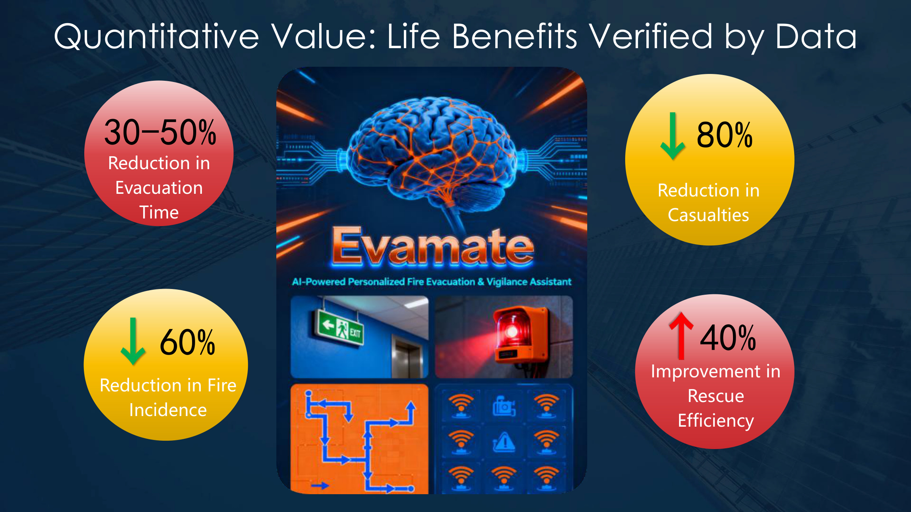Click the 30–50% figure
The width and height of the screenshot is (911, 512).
click(x=160, y=132)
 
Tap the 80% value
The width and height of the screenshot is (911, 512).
click(x=724, y=135)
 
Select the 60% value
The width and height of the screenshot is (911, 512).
click(x=188, y=342)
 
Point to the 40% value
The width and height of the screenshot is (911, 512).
click(x=728, y=338)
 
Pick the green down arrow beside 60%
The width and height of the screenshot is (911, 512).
click(x=133, y=341)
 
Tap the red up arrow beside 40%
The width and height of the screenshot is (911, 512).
click(x=681, y=336)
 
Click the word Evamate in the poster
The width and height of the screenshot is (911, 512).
click(x=433, y=247)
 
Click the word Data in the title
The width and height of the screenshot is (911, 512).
click(x=816, y=37)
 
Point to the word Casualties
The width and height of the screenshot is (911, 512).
click(x=708, y=215)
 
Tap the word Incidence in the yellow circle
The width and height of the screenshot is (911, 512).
click(x=168, y=410)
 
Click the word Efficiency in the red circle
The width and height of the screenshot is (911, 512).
click(x=716, y=421)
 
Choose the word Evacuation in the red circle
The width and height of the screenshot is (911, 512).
click(x=159, y=188)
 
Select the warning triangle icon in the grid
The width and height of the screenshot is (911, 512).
click(x=504, y=442)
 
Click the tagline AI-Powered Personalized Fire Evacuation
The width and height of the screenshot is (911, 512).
click(x=383, y=282)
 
